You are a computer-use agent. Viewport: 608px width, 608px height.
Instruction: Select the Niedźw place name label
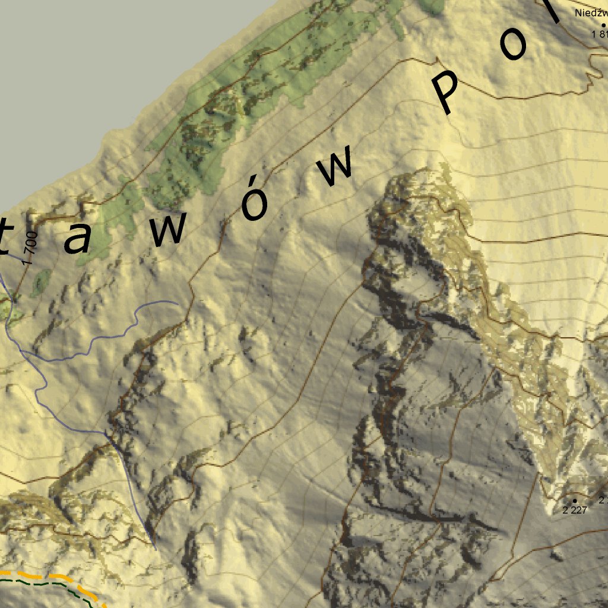[591, 12]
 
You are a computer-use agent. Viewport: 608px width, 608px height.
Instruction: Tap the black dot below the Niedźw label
[604, 25]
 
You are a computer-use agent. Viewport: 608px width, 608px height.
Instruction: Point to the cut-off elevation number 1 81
[599, 34]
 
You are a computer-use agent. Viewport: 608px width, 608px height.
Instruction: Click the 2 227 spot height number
[574, 509]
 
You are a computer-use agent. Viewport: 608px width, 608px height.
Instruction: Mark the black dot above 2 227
[574, 501]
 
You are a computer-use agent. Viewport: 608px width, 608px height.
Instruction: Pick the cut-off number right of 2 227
[603, 501]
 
